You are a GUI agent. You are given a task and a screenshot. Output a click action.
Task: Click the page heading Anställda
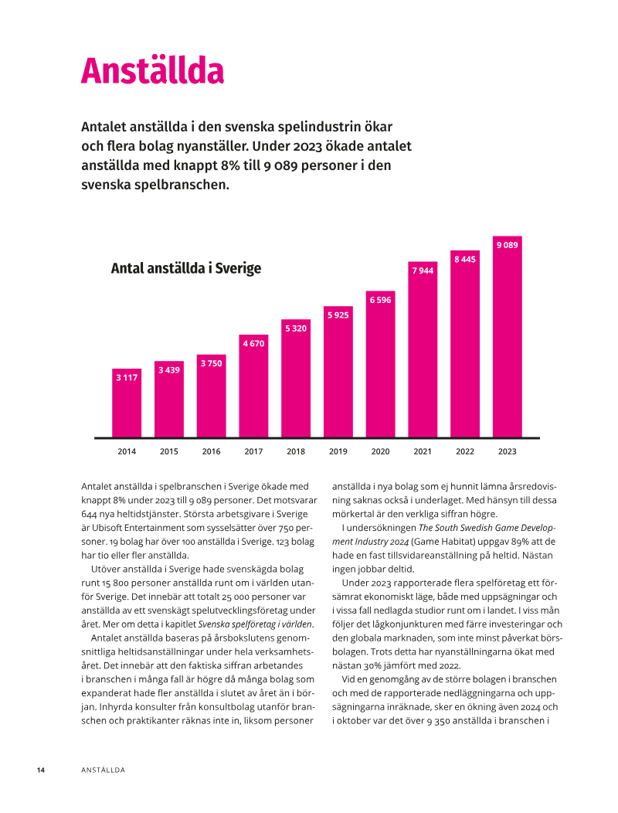point(152,71)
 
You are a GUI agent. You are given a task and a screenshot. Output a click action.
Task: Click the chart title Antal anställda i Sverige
point(186,269)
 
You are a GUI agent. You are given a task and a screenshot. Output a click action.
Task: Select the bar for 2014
point(127,406)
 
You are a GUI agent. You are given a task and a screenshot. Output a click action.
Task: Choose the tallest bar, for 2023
point(507,340)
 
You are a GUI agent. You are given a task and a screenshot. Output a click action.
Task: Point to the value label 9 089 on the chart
point(507,245)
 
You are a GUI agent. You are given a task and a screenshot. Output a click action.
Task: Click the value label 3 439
point(169,370)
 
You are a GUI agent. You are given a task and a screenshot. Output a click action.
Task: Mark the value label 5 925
point(338,315)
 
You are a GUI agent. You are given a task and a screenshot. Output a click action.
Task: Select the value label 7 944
point(423,271)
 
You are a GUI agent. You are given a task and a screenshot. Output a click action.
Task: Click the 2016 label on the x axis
point(211,451)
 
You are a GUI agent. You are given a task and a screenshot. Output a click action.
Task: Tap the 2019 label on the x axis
point(338,451)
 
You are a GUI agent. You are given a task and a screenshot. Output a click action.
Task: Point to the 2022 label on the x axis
point(464,451)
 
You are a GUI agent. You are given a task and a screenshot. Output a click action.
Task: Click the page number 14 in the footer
point(41,770)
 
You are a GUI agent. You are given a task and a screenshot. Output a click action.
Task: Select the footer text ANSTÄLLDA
point(103,770)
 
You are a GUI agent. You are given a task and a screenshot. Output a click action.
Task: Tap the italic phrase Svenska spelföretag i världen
point(255,624)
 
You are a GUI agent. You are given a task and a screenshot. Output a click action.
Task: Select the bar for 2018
point(296,379)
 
